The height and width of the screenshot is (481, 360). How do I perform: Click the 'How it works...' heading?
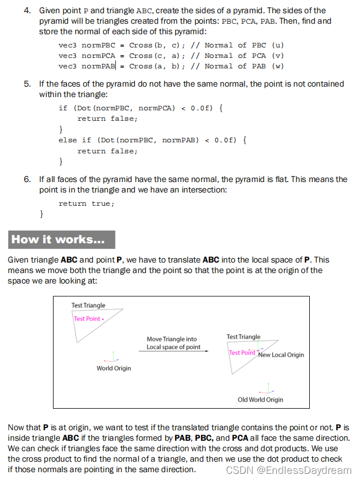61,239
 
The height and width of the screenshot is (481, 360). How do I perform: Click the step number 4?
27,10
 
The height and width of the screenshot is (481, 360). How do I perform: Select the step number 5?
27,84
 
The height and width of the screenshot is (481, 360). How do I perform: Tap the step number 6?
27,179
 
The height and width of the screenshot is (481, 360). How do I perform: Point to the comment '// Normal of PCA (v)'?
237,56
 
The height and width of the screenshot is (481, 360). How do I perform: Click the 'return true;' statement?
87,204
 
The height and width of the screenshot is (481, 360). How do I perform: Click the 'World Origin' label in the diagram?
114,368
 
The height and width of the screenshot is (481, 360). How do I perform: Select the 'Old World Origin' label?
260,399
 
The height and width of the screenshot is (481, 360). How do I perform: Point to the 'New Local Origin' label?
281,355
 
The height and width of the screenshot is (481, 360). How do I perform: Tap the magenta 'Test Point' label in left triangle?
87,319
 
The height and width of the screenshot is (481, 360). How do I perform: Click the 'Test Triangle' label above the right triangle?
243,336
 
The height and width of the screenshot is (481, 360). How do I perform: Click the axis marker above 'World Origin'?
113,356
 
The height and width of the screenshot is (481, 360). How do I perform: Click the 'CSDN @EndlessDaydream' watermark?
289,470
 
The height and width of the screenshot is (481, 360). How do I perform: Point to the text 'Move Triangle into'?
172,339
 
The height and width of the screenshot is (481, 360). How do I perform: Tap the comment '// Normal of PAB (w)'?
237,66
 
